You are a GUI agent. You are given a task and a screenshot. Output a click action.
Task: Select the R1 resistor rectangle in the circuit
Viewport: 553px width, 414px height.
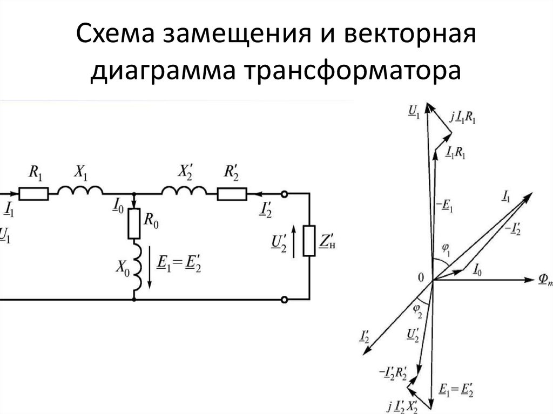point(33,193)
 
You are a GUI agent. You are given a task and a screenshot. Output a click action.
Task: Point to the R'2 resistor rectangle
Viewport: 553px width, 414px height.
point(232,193)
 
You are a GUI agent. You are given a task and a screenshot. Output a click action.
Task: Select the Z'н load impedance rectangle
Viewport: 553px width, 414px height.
point(309,241)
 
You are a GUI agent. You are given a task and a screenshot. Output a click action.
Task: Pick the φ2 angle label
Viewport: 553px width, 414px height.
point(417,308)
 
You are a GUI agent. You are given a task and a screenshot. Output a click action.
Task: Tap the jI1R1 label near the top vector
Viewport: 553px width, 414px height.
point(462,116)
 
